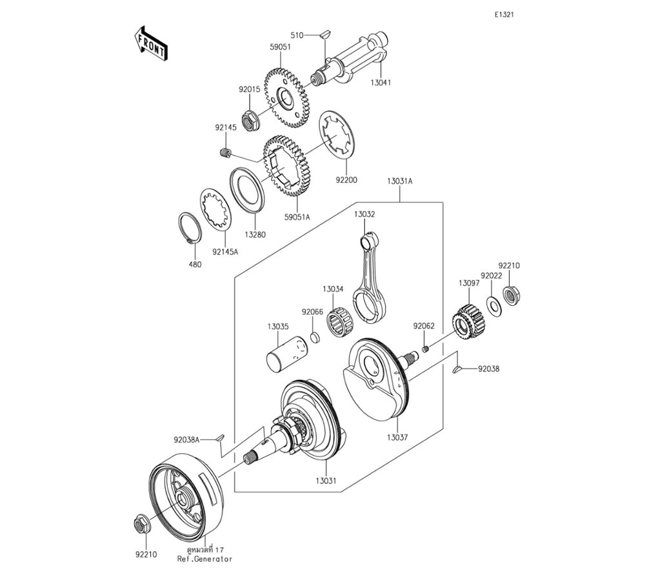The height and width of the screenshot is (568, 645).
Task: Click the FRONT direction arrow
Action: pos(151,45)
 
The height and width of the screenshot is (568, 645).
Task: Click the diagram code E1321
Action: pos(504,15)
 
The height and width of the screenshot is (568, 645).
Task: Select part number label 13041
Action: pos(381,83)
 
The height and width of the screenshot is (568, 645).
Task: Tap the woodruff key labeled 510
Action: pos(325,34)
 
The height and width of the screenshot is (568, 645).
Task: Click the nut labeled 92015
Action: pos(249,120)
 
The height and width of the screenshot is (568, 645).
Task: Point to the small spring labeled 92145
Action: pos(225,153)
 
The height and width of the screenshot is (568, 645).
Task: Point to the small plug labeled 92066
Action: pos(315,337)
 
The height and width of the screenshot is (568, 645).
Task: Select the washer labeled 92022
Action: pos(493,305)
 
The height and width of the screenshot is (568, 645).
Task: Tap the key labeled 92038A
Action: pos(221,437)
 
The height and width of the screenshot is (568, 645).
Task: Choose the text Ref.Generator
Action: pos(205,559)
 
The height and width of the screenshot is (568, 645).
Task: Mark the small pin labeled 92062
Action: pos(426,349)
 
